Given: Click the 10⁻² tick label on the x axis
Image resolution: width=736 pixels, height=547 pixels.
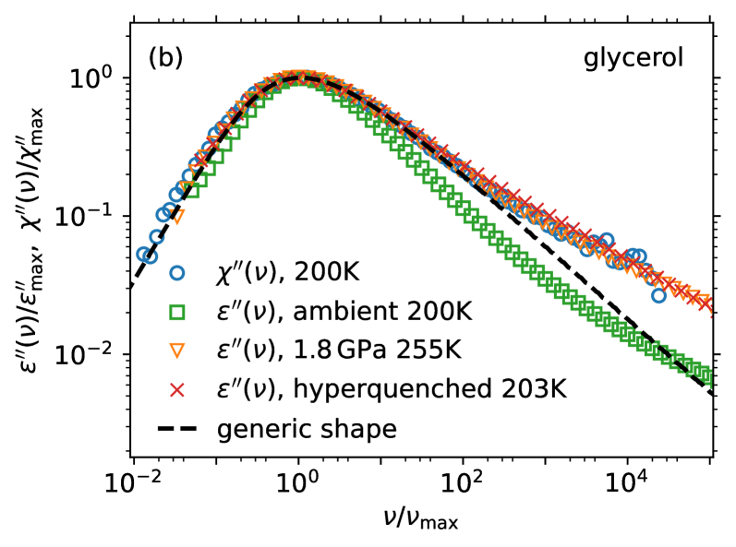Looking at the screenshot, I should pos(133,481).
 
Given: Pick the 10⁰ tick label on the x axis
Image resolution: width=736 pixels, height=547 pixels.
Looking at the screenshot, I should pos(297,481).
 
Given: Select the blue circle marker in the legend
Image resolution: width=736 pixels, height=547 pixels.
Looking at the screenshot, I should pos(178,274).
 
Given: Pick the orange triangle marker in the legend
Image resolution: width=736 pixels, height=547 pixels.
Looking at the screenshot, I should pos(178,352).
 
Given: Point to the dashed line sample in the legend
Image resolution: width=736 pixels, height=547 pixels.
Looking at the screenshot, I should pos(178,429).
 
